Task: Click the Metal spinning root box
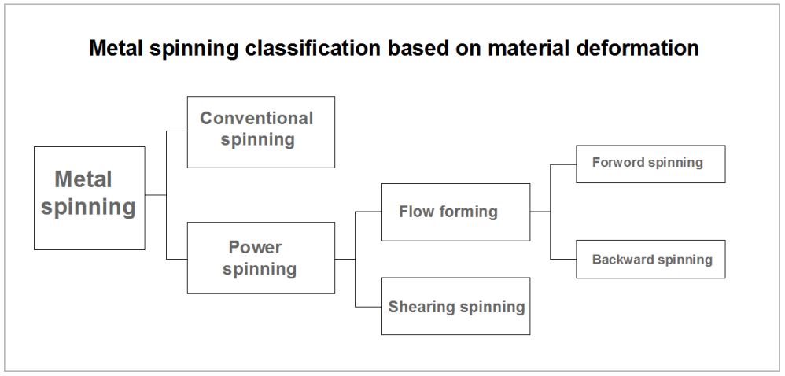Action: click(89, 197)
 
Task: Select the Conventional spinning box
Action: click(260, 131)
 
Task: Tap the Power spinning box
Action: click(260, 257)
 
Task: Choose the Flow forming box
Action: click(455, 212)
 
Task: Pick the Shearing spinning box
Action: click(455, 306)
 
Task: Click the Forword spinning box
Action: click(650, 164)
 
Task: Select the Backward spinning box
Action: click(650, 259)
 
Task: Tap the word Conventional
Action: click(256, 119)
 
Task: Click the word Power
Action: click(255, 247)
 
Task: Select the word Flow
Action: click(415, 212)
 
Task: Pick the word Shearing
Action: click(422, 307)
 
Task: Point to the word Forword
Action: click(617, 164)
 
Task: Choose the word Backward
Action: click(621, 259)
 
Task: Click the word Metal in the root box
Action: click(83, 180)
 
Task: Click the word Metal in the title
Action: click(114, 49)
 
